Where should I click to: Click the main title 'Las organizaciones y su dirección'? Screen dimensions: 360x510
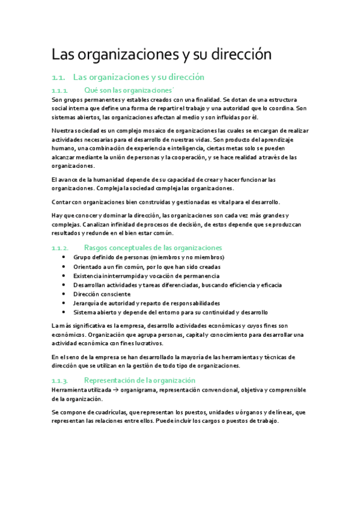point(162,55)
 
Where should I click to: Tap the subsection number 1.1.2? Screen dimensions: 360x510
point(61,248)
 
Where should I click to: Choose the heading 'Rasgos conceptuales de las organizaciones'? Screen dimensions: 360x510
point(153,248)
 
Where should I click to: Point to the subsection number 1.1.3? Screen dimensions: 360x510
point(61,380)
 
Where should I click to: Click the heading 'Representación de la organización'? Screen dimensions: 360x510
point(139,380)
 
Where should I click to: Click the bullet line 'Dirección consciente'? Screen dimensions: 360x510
point(102,294)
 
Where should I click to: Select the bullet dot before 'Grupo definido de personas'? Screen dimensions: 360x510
point(64,257)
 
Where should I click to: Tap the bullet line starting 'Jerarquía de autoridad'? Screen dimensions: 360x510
point(146,303)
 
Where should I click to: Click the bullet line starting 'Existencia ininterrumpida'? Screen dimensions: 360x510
point(141,275)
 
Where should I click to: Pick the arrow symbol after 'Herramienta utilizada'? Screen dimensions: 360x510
point(116,390)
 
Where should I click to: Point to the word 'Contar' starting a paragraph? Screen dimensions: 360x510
point(62,201)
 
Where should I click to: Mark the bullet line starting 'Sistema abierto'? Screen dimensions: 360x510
point(171,312)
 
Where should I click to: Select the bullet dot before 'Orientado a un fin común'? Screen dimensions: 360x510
point(64,266)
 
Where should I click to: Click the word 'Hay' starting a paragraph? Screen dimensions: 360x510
point(58,215)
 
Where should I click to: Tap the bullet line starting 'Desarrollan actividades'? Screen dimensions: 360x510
point(177,284)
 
